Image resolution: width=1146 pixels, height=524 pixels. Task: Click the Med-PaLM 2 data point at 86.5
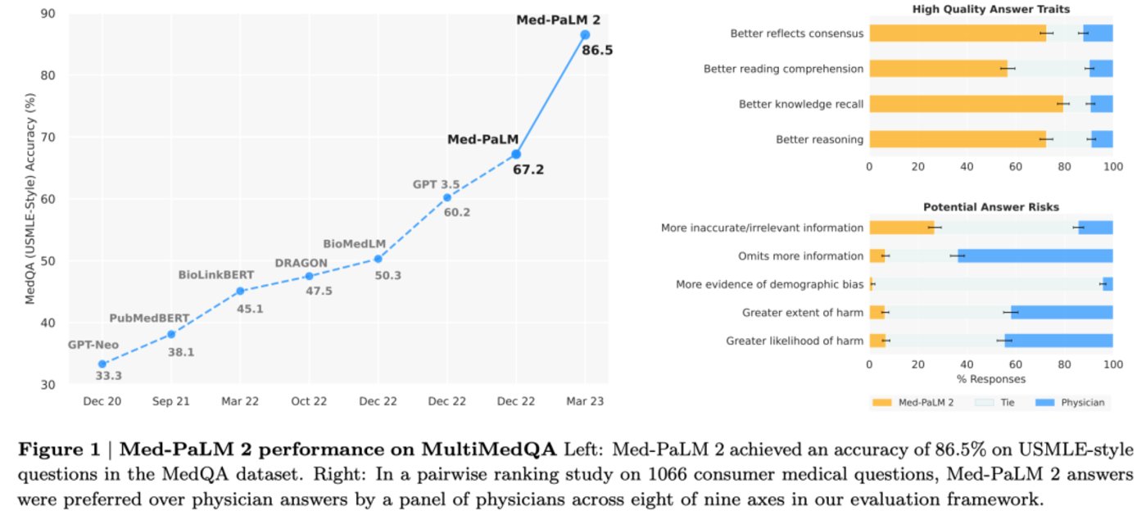click(x=585, y=34)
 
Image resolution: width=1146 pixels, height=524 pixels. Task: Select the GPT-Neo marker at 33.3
click(x=102, y=364)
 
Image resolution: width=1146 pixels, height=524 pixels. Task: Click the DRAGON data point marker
click(x=309, y=276)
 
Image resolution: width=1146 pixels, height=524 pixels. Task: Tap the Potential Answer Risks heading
click(x=990, y=208)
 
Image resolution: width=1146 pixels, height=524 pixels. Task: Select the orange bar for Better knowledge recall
click(x=966, y=104)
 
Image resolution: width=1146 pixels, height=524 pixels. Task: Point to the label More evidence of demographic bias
click(x=769, y=284)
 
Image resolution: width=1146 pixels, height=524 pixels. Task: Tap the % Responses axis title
click(x=990, y=379)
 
